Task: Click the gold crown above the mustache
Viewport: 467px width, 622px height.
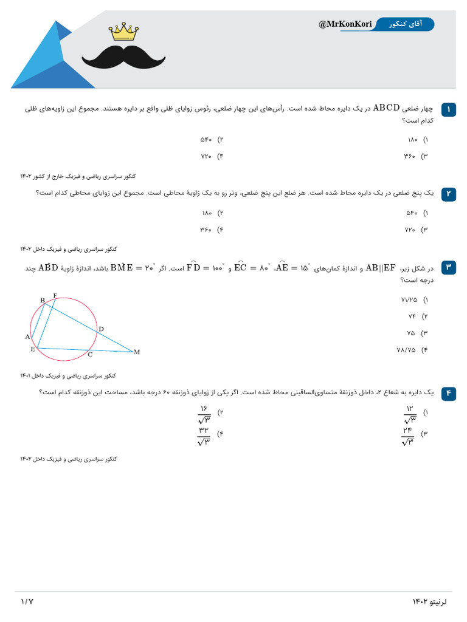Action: pyautogui.click(x=123, y=32)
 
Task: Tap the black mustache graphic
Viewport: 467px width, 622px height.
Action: pyautogui.click(x=123, y=56)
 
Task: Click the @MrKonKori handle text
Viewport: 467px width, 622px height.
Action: pyautogui.click(x=345, y=24)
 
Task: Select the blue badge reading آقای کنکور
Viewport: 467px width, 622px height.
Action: pyautogui.click(x=404, y=24)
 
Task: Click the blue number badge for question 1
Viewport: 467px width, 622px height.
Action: pyautogui.click(x=449, y=109)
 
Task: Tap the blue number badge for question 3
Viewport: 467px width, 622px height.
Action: pyautogui.click(x=449, y=267)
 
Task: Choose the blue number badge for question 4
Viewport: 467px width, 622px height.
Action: pyautogui.click(x=449, y=393)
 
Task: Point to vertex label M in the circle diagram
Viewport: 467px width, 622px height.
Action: pyautogui.click(x=137, y=352)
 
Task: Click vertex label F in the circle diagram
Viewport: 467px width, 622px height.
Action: pyautogui.click(x=55, y=296)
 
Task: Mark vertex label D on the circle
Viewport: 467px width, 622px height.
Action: pyautogui.click(x=101, y=329)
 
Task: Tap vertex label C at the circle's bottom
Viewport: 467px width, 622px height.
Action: pyautogui.click(x=90, y=354)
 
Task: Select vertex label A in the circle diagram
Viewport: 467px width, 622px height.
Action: pyautogui.click(x=27, y=337)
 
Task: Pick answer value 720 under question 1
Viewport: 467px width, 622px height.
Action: pyautogui.click(x=206, y=156)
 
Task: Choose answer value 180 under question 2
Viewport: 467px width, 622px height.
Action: pyautogui.click(x=207, y=213)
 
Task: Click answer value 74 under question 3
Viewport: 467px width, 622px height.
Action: pyautogui.click(x=412, y=316)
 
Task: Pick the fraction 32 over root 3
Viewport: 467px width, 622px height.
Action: pyautogui.click(x=204, y=436)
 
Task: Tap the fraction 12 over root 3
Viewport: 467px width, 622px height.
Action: pyautogui.click(x=409, y=415)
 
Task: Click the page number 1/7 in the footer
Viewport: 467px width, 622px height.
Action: pyautogui.click(x=27, y=601)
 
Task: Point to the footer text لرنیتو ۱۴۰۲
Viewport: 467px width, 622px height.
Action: pyautogui.click(x=429, y=601)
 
